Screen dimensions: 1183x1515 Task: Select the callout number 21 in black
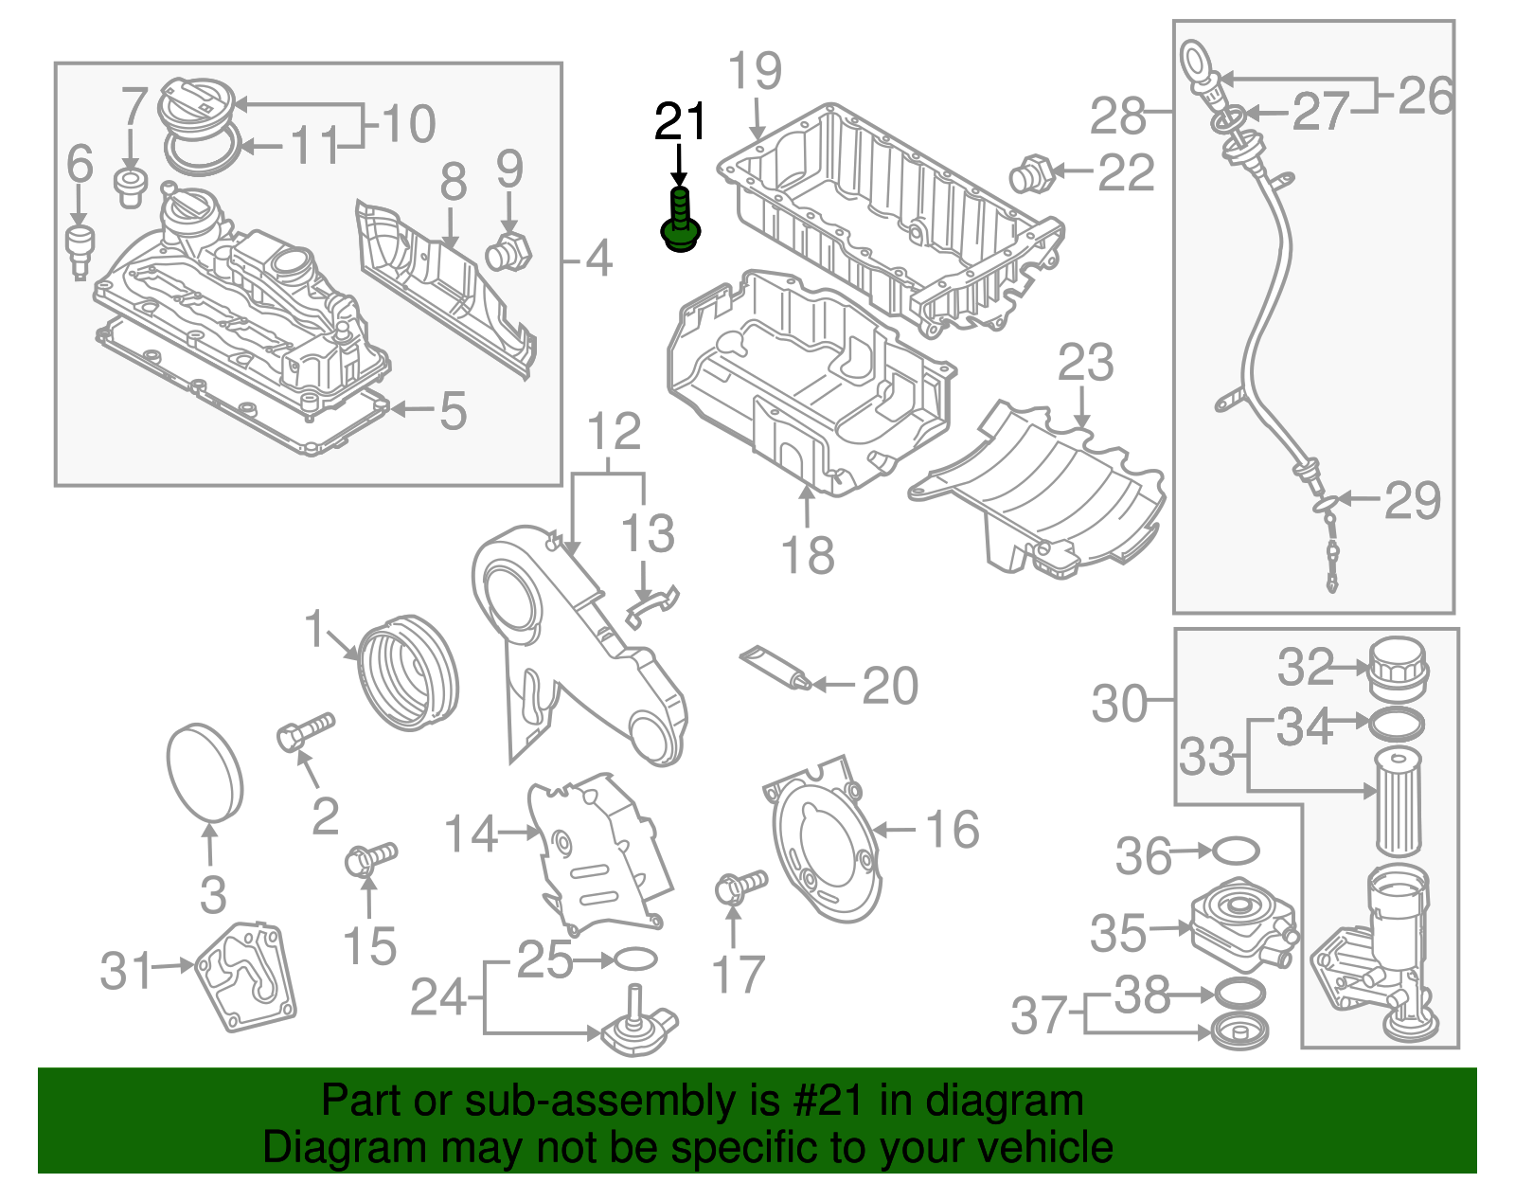[680, 122]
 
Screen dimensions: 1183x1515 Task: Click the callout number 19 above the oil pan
[756, 72]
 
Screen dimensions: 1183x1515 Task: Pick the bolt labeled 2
[306, 731]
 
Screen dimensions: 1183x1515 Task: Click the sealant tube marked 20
[775, 667]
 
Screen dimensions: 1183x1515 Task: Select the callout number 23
[1085, 364]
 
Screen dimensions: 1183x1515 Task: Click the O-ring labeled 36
[1236, 851]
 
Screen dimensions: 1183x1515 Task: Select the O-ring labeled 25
[635, 959]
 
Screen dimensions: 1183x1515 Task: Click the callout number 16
[952, 830]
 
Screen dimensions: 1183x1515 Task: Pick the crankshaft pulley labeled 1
[408, 672]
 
